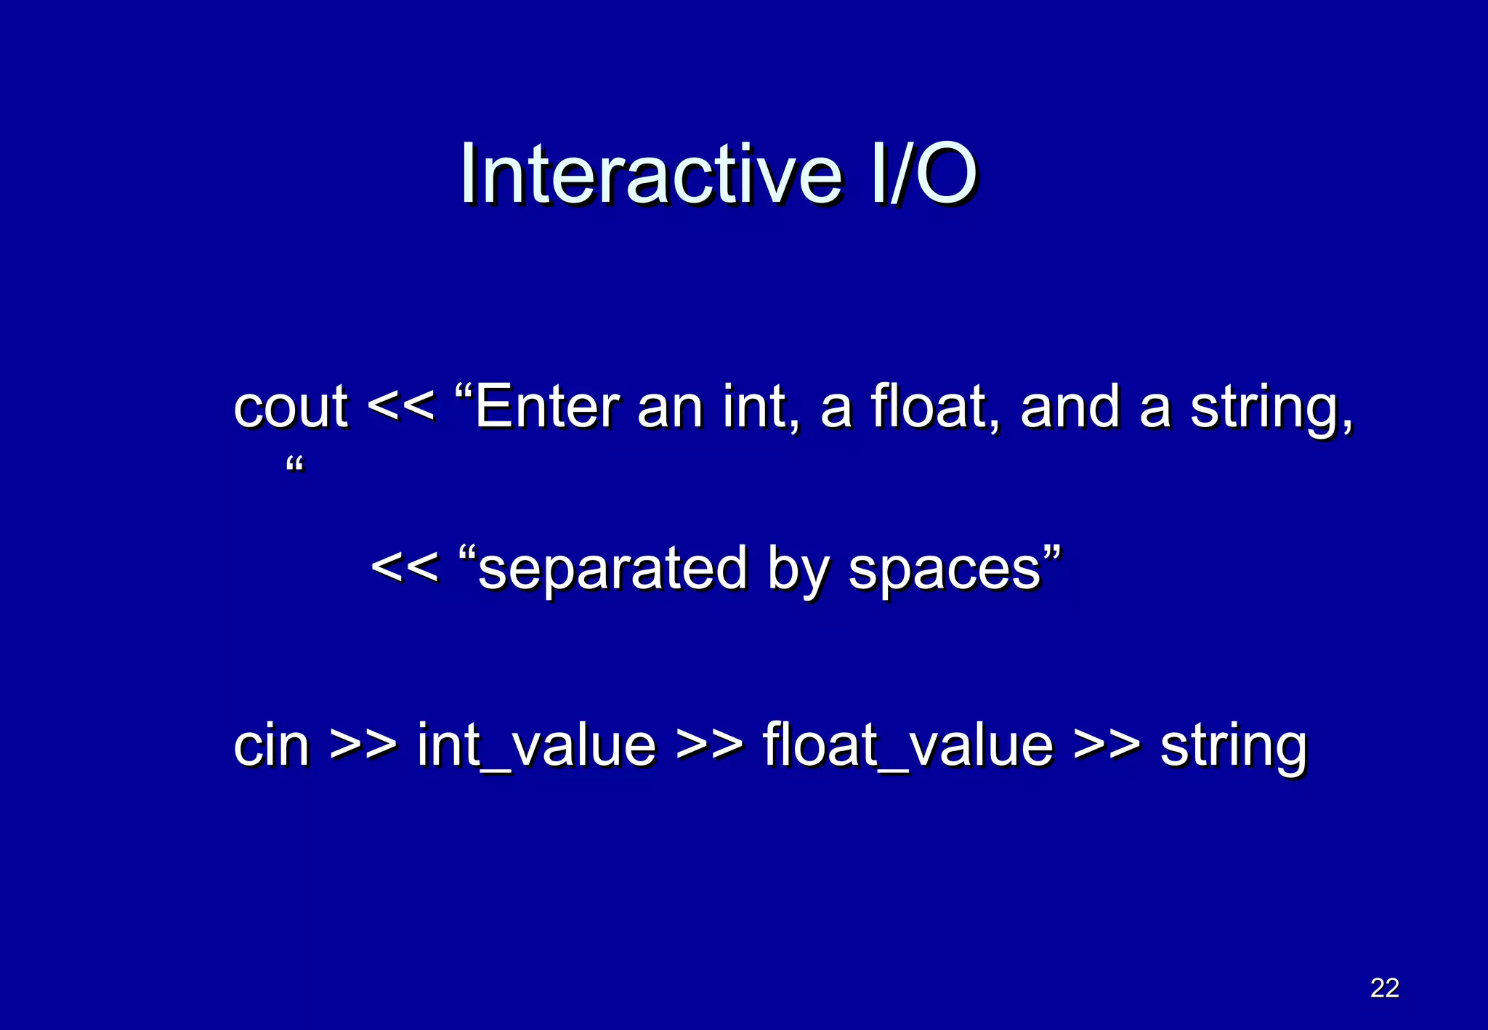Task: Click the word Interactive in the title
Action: pyautogui.click(x=650, y=175)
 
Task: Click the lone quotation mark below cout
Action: pyautogui.click(x=295, y=464)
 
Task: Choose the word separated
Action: pyautogui.click(x=612, y=569)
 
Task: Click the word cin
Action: pyautogui.click(x=272, y=745)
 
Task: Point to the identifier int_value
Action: pyautogui.click(x=537, y=745)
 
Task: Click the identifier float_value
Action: pyautogui.click(x=907, y=745)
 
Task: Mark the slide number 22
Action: pyautogui.click(x=1384, y=988)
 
